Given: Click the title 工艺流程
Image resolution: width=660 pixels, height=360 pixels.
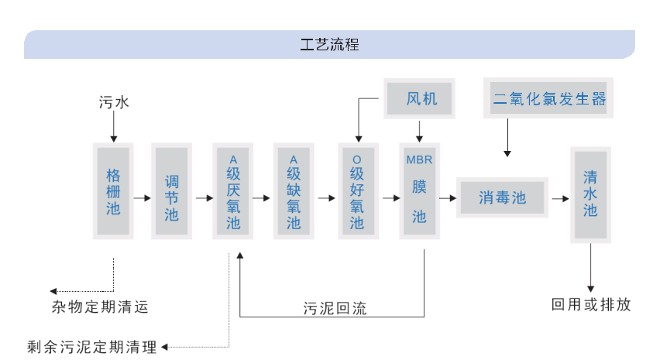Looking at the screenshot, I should click(329, 44).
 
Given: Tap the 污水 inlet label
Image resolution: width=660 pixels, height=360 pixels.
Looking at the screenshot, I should click(114, 101).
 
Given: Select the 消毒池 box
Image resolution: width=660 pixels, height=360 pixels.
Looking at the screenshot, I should click(502, 198).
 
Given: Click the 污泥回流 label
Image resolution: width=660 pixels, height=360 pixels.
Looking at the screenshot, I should click(335, 309).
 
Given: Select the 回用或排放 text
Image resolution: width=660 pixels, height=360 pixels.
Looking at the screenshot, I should click(591, 304).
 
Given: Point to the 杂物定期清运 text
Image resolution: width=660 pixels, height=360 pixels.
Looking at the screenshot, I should click(100, 307).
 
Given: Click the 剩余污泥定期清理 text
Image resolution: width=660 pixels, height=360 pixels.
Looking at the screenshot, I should click(91, 346).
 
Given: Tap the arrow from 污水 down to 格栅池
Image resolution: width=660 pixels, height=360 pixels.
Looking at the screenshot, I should click(114, 126).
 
